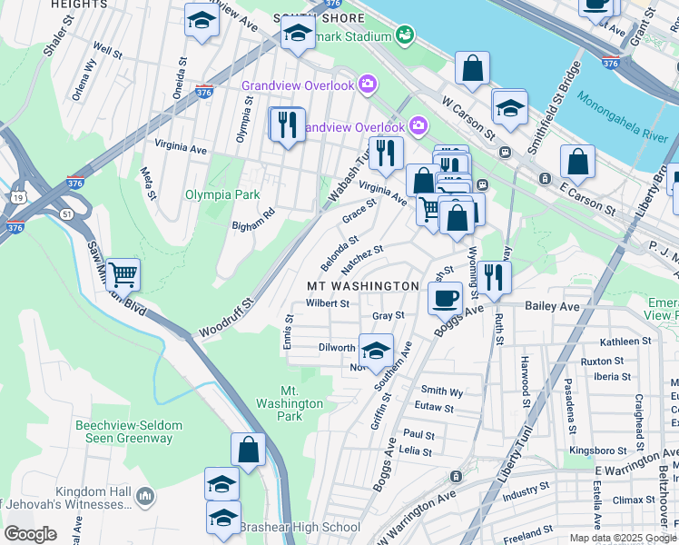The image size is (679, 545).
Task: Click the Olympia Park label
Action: coord(222,194)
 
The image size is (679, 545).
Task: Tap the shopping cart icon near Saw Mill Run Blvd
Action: coord(123,273)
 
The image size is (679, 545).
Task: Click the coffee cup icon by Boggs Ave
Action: coord(445,297)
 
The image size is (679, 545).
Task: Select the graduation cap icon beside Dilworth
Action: coord(376,350)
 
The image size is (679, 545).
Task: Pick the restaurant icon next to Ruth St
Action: coord(493,276)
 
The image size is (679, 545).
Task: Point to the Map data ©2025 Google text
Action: coord(623,537)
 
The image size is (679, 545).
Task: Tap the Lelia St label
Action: coord(417,451)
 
